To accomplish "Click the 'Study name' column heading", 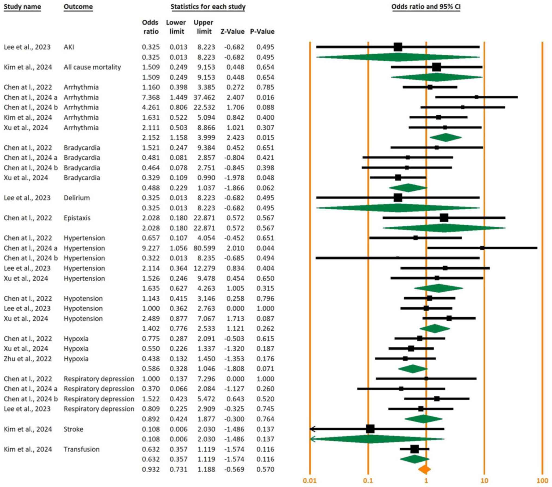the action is point(22,7).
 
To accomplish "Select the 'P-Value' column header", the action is point(262,32).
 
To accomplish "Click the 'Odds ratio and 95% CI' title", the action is point(426,7).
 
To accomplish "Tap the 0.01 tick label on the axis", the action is point(310,481).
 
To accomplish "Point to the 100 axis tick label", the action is point(542,481).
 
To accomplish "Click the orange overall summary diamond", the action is point(424,469).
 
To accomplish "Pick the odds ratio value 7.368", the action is point(151,97).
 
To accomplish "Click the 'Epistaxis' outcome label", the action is point(77,218).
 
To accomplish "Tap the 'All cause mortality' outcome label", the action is point(92,67).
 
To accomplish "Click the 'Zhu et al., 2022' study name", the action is point(27,359).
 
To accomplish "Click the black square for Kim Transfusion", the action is point(415,449).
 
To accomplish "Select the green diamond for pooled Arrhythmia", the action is point(446,138).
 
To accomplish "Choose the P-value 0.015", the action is point(265,138).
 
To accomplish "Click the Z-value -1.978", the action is point(234,178).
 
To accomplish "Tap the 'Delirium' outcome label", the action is point(77,198).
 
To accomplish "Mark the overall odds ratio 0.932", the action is point(151,469).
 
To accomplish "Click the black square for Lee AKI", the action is point(398,47).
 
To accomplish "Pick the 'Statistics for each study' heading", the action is point(208,7).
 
